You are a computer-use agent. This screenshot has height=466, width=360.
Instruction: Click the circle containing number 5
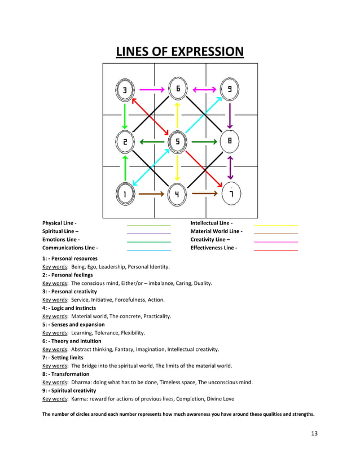(x=178, y=142)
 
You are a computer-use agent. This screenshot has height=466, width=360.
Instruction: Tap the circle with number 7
(x=231, y=194)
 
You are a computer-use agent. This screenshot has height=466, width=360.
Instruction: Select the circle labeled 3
(x=125, y=90)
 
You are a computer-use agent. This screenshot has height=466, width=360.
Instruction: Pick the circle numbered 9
(x=230, y=89)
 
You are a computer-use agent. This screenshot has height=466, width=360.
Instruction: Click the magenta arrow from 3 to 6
(x=152, y=90)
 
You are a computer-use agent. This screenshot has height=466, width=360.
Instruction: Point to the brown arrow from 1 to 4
(x=152, y=194)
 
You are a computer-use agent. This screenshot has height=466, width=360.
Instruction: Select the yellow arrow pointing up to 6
(x=178, y=115)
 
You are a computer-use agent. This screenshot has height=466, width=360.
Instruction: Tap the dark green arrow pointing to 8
(x=204, y=142)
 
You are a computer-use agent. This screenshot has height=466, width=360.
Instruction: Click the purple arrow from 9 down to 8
(x=230, y=116)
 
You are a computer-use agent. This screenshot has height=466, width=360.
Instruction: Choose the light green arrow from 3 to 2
(x=125, y=116)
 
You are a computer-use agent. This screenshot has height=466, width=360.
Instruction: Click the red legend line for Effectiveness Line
(x=276, y=250)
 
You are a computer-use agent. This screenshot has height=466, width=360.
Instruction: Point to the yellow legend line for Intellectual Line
(x=276, y=226)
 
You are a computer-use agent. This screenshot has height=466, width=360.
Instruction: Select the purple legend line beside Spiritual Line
(x=149, y=234)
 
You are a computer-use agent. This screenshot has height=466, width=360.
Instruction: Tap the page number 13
(x=314, y=433)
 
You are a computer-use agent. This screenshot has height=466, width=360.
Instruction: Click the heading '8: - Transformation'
(x=65, y=374)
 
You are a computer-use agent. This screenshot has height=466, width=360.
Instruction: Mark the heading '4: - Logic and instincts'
(x=69, y=308)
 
